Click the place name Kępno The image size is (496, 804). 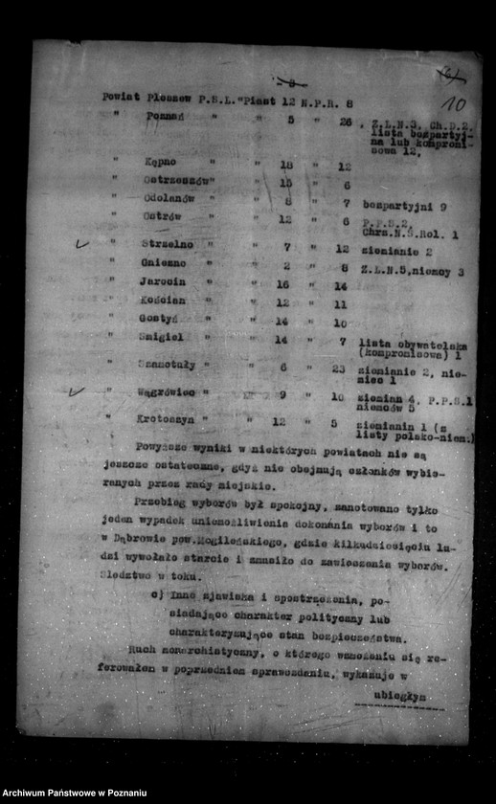[160, 163]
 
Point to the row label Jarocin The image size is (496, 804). [164, 283]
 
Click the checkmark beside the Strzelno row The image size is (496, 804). [82, 244]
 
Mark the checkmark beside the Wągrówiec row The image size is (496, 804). [78, 391]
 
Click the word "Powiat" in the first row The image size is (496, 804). [122, 96]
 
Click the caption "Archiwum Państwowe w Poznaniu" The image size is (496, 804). [75, 793]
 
